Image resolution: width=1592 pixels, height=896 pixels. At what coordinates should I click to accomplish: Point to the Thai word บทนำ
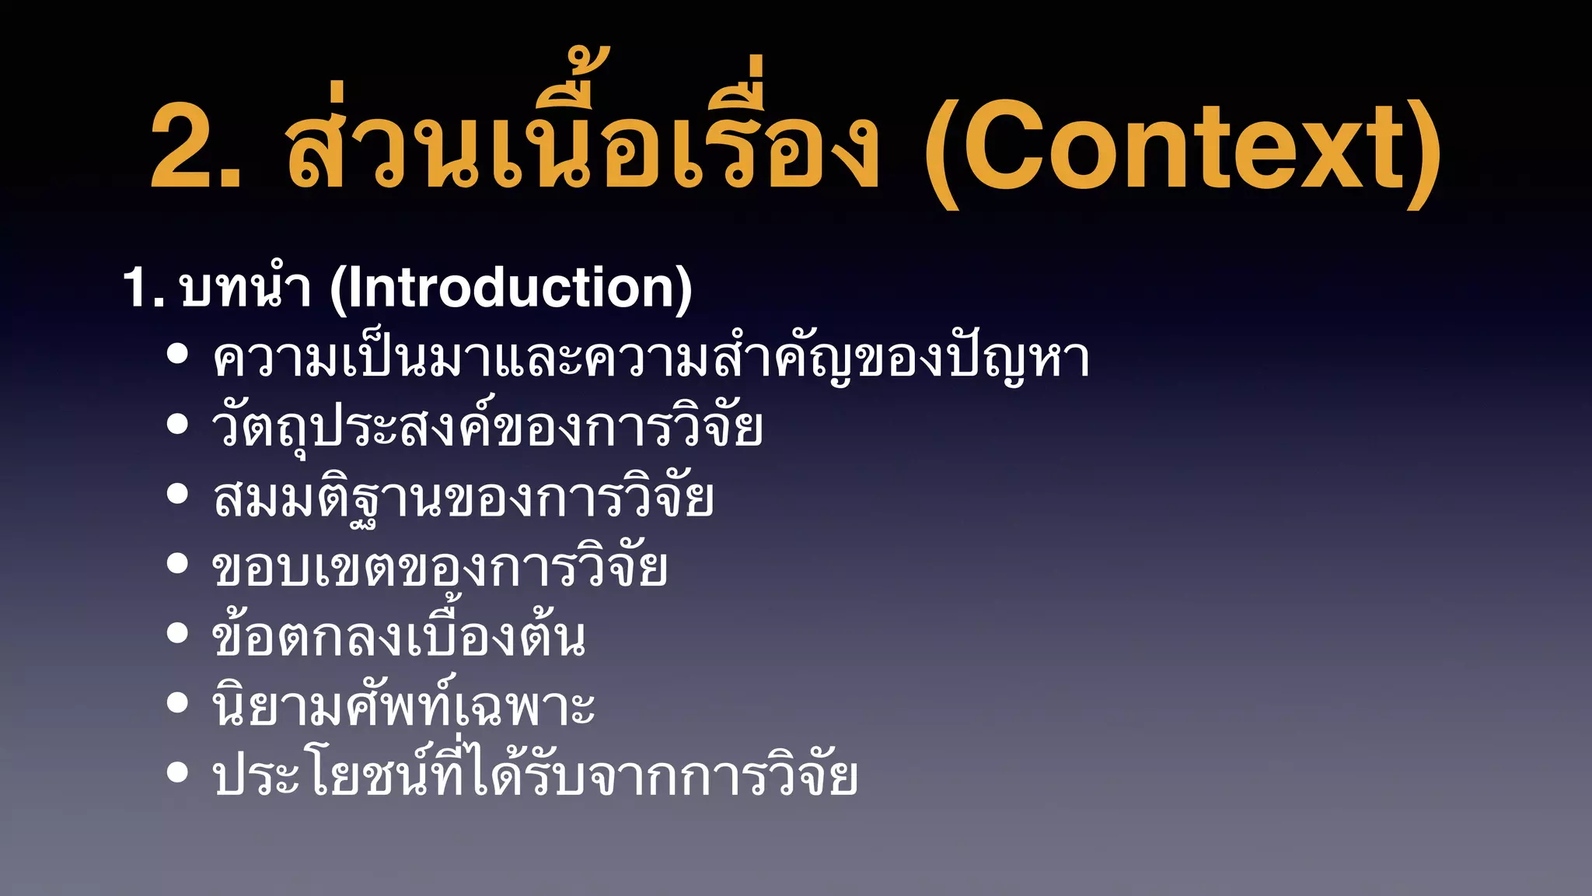click(x=246, y=289)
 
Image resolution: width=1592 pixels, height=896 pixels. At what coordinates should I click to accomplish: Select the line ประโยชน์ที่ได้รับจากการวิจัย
click(x=536, y=776)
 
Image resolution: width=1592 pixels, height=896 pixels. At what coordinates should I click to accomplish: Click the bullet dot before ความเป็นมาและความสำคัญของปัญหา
click(x=178, y=354)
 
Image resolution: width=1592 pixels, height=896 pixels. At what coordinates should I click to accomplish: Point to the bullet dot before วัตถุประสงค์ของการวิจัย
click(x=178, y=424)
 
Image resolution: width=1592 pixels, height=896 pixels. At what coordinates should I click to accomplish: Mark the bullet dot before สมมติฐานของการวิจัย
click(x=178, y=494)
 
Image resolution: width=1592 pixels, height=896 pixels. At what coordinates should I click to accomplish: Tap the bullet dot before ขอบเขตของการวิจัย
click(x=178, y=563)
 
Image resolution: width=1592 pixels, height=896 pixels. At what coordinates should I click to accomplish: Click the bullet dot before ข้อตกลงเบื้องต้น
click(x=178, y=633)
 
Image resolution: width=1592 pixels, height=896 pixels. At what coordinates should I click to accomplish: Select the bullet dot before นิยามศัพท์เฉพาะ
click(x=178, y=702)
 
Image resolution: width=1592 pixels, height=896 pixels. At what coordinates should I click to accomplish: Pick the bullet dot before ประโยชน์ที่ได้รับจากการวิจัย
click(x=178, y=772)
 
